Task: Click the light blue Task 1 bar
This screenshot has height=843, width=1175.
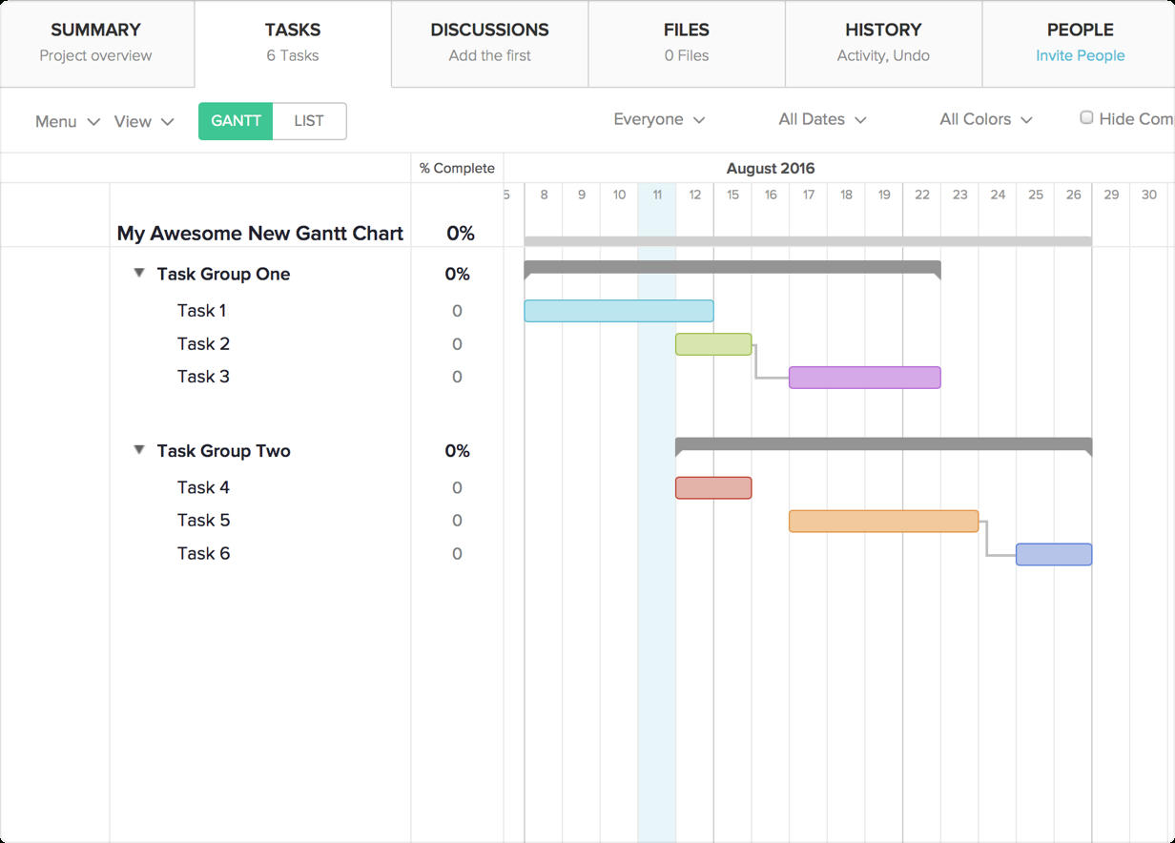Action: [x=618, y=311]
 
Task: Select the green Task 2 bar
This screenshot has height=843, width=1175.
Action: [x=713, y=344]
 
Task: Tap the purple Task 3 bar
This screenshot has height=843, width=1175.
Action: [x=864, y=378]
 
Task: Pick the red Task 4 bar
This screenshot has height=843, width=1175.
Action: [x=713, y=488]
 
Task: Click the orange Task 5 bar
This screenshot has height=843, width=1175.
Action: [x=883, y=521]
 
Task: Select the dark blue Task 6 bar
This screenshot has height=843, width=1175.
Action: [x=1053, y=554]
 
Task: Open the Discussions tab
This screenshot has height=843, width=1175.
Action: [x=489, y=43]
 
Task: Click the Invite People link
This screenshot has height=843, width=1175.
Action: [x=1080, y=55]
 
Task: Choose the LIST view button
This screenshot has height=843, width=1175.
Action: [x=309, y=121]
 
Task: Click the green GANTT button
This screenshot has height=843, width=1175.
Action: [x=236, y=121]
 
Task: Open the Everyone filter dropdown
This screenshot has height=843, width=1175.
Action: [x=659, y=119]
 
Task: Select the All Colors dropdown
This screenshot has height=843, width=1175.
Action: [x=986, y=119]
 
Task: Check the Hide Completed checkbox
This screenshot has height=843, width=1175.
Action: [x=1086, y=118]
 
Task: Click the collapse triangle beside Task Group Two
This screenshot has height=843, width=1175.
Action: [x=139, y=450]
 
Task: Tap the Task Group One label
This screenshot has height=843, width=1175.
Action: [x=223, y=275]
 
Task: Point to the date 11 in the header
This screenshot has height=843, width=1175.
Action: [x=657, y=195]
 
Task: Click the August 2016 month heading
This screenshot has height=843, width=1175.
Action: [x=771, y=169]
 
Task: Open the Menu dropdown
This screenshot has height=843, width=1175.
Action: [x=67, y=121]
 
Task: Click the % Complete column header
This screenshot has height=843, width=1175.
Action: [x=457, y=169]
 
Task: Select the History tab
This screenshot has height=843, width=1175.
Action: [x=883, y=43]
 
